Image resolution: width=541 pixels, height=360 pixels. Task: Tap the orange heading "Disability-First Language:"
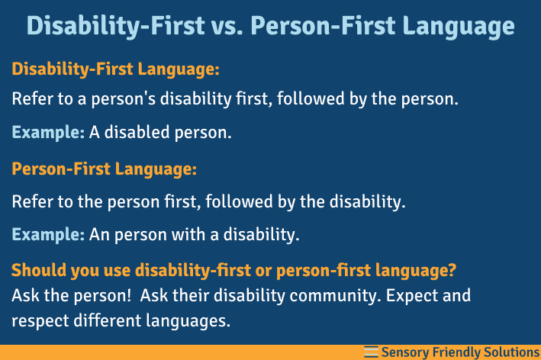(x=115, y=69)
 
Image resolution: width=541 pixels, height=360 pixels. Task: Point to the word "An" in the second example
(x=99, y=235)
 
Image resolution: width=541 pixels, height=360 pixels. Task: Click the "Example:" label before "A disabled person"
(x=48, y=133)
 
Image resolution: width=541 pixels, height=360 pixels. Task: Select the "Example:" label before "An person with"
(x=48, y=235)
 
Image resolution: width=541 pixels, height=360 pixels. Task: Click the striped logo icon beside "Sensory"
(x=371, y=351)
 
